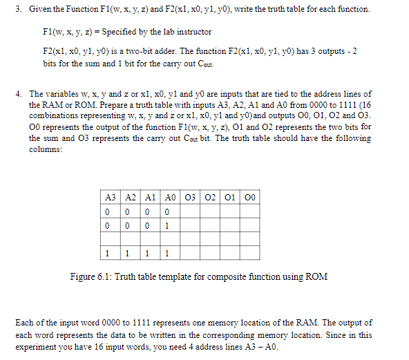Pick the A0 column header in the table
coord(168,197)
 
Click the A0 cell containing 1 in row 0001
coord(168,225)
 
